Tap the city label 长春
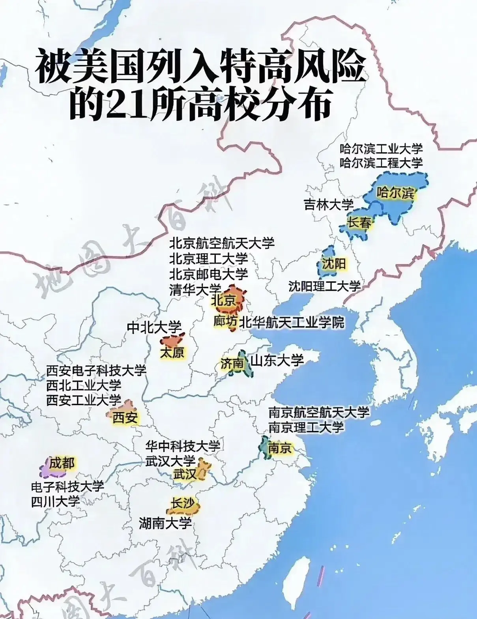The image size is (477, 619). [359, 223]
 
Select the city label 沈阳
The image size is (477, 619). [333, 264]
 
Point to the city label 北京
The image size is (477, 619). [223, 301]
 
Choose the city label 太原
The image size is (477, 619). [172, 352]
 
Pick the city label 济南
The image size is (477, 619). [232, 363]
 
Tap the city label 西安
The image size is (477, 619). [125, 417]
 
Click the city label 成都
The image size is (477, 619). [62, 463]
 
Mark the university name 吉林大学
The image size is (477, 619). [329, 204]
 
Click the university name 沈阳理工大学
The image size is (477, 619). [324, 286]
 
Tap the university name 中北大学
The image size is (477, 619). [154, 327]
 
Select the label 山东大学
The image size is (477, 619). [277, 360]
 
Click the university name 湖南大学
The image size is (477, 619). [165, 524]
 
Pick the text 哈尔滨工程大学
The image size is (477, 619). [381, 163]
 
